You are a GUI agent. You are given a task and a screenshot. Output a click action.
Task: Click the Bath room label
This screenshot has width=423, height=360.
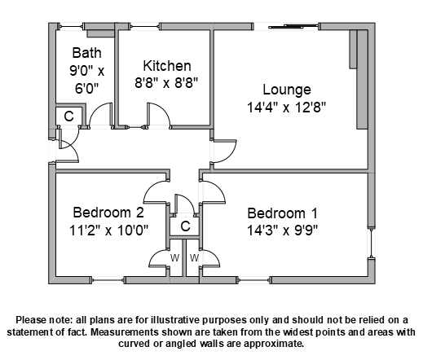coord(87,53)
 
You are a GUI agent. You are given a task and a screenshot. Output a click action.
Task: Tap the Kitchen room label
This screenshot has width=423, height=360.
coord(167,66)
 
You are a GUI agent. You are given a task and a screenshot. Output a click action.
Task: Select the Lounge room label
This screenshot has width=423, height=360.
coord(287,90)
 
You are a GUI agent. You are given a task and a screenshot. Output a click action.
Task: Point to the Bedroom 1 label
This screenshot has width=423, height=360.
coord(283,213)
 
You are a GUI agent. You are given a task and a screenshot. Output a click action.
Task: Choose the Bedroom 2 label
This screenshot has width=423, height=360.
coord(108,213)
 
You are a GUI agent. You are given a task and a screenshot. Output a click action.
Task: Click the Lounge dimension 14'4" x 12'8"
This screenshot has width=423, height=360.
coord(286,108)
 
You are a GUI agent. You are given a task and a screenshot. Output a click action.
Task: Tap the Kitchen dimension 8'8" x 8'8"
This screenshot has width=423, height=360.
coord(166,82)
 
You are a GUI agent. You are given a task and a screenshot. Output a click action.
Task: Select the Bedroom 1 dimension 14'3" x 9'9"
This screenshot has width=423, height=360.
coord(282,230)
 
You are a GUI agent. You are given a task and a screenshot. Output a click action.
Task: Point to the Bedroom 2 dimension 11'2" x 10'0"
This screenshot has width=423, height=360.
coord(108,230)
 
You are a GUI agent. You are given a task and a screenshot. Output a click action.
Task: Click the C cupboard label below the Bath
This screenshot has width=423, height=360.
coord(68,116)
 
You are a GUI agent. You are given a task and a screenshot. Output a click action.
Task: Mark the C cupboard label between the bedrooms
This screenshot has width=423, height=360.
coord(185,226)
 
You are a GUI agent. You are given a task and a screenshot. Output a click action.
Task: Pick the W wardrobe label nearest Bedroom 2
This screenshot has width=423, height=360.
coord(174,257)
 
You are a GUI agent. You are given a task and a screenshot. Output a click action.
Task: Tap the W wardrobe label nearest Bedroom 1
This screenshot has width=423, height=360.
coord(195,257)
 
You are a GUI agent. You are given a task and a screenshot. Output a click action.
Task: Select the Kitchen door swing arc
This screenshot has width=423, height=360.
coord(164,110)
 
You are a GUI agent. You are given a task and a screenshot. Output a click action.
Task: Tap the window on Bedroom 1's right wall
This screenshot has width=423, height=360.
coord(372,244)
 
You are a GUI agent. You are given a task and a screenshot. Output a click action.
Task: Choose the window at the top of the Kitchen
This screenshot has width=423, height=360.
coord(145,26)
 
